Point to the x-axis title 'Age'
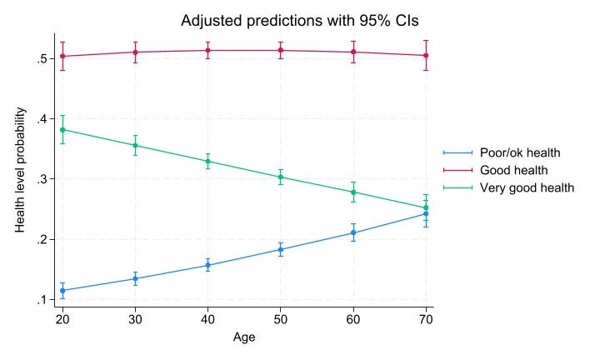click(244, 337)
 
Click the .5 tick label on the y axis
click(39, 58)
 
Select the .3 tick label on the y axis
click(39, 179)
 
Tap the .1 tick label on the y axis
click(39, 300)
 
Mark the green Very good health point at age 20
click(62, 129)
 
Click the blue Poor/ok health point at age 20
click(62, 291)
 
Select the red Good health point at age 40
click(208, 50)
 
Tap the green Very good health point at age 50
click(281, 177)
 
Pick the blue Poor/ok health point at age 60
click(354, 232)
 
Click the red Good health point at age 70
click(427, 56)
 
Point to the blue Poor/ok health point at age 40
click(208, 265)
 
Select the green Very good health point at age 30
click(135, 145)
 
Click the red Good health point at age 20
click(62, 57)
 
